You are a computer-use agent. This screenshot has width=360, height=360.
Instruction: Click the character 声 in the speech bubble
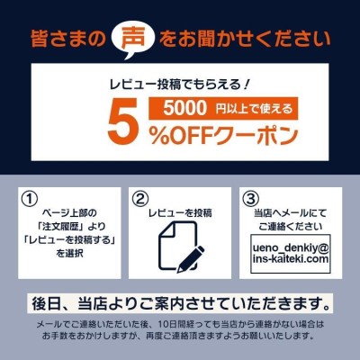click(133, 39)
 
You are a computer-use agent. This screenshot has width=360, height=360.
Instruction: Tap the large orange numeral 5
click(125, 123)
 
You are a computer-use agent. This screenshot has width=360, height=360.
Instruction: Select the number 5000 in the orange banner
click(185, 108)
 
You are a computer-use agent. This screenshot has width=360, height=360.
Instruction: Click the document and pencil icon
click(181, 247)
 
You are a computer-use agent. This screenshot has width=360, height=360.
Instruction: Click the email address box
click(291, 255)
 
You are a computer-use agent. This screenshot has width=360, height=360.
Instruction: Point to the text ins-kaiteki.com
click(291, 259)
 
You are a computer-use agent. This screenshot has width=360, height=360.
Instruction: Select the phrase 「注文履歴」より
click(70, 227)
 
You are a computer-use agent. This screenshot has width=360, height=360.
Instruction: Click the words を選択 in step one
click(69, 254)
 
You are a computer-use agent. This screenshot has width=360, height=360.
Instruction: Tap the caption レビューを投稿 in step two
click(180, 212)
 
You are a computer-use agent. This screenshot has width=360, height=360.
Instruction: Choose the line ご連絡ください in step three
click(291, 227)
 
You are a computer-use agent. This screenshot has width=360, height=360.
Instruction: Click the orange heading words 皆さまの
click(67, 39)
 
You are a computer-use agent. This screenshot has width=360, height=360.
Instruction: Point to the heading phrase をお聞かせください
click(245, 39)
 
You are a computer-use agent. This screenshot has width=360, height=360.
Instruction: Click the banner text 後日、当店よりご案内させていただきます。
click(180, 304)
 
